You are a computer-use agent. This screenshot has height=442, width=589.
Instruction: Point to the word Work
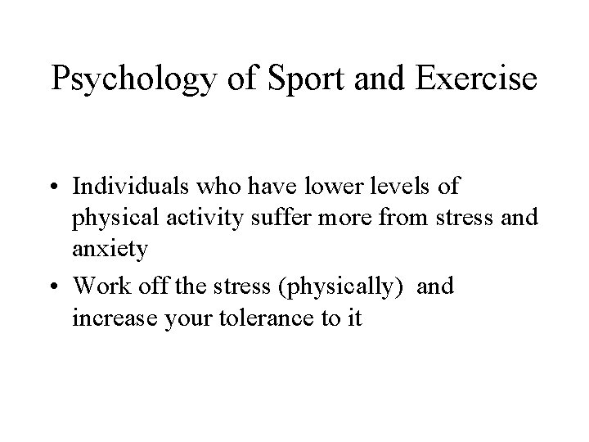pos(96,286)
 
